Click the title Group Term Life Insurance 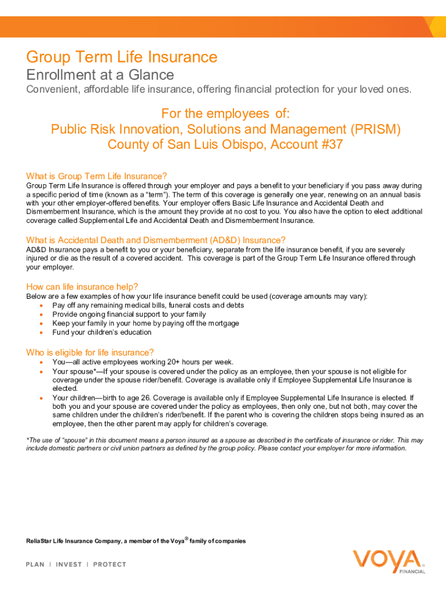[122, 57]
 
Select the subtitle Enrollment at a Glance [100, 75]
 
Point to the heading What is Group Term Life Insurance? [97, 176]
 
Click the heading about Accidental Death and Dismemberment [156, 240]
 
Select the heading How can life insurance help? [82, 286]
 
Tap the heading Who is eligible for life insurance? [90, 352]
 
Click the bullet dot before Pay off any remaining [41, 305]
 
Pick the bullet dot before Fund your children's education [41, 332]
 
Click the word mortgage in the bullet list [223, 323]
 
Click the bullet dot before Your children [41, 398]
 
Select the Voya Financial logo [389, 562]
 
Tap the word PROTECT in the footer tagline [109, 564]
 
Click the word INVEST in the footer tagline [68, 564]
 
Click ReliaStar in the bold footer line [39, 541]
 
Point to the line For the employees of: [225, 113]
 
